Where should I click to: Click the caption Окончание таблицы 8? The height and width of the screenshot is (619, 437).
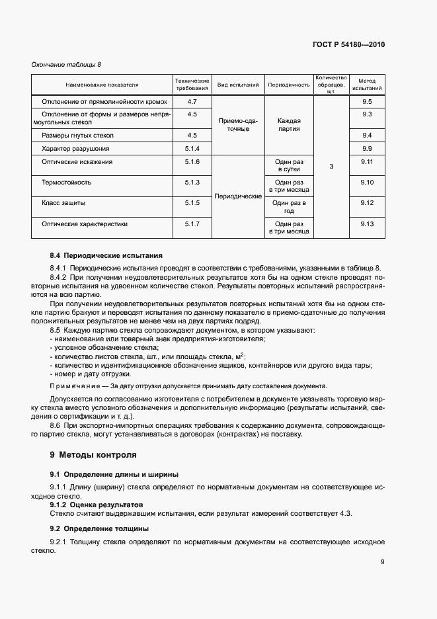67,64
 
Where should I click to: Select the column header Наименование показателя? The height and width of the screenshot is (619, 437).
102,85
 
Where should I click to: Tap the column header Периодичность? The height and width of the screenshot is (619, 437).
289,85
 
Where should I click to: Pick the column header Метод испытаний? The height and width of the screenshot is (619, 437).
368,84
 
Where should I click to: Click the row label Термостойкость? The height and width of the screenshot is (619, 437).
67,183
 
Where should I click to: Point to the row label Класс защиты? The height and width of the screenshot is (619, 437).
63,203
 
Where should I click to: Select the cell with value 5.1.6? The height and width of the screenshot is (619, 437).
192,162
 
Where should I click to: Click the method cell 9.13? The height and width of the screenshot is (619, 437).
368,224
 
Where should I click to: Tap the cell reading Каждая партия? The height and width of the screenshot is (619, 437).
289,125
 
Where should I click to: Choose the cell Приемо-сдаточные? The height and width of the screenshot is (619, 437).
238,125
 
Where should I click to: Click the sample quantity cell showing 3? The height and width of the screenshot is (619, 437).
331,167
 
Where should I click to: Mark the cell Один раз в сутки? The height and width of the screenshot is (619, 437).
289,166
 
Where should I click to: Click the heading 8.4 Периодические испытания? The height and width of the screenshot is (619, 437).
106,255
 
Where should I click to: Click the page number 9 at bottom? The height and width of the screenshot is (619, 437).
383,562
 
